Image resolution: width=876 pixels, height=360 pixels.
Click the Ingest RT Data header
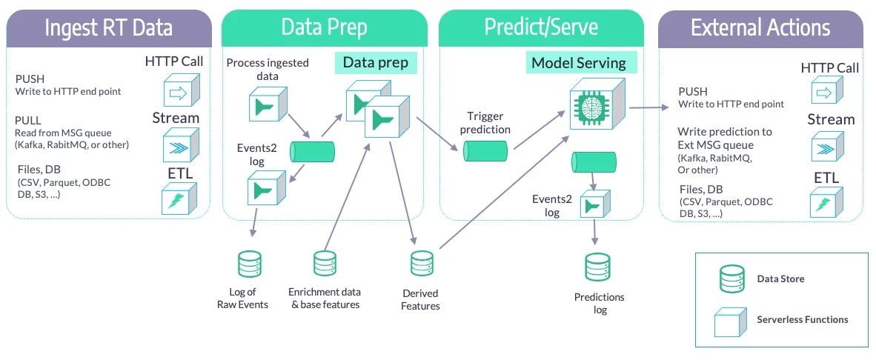pyautogui.click(x=109, y=28)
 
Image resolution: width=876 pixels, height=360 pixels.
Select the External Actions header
pyautogui.click(x=760, y=28)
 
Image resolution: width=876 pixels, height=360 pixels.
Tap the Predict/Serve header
pyautogui.click(x=541, y=28)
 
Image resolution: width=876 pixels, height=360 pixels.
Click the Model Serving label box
pyautogui.click(x=579, y=63)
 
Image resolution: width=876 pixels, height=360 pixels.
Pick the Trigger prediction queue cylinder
pyautogui.click(x=485, y=151)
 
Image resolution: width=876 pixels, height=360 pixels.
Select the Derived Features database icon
pyautogui.click(x=422, y=264)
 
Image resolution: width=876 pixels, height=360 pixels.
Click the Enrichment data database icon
pyautogui.click(x=325, y=264)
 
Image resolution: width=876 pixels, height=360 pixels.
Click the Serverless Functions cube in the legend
pyautogui.click(x=729, y=321)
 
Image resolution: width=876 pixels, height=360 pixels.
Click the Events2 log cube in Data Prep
pyautogui.click(x=265, y=190)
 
